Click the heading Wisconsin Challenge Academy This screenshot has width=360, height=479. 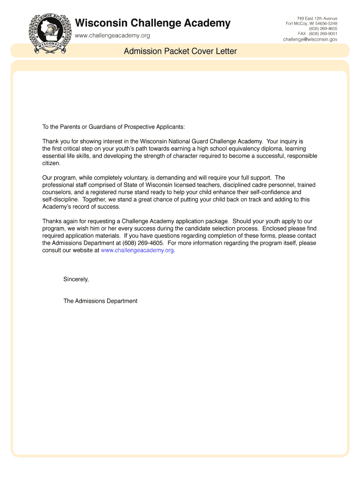coord(153,23)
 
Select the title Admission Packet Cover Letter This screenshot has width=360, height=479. coord(180,51)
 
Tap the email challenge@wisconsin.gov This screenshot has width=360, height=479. coord(310,40)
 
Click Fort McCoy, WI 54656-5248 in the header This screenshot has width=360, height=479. coord(311,23)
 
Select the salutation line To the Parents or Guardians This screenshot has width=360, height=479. coord(114,127)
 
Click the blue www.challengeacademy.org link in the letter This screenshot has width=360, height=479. coord(137,250)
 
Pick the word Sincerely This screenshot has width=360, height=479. coord(76,279)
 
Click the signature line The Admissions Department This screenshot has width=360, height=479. coord(101,301)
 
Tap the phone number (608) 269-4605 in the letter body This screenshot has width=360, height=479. coord(143,243)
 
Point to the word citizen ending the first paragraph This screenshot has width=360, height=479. coord(51,163)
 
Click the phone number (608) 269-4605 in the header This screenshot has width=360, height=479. coord(323,29)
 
